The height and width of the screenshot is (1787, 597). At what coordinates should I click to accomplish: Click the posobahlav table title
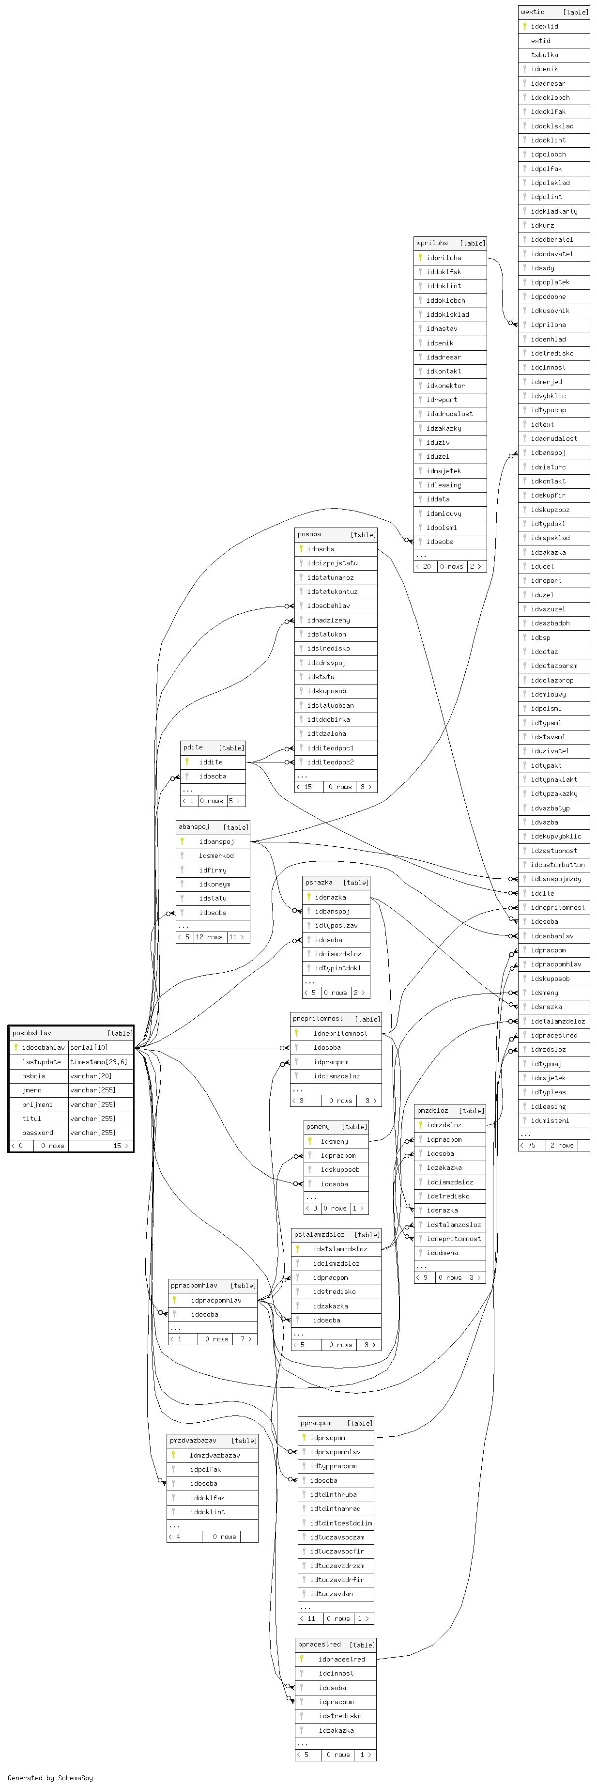pos(32,1033)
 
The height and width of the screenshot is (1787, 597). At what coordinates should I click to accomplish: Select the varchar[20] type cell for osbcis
pos(91,1076)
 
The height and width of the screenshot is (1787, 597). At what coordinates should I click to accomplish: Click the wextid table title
pos(533,12)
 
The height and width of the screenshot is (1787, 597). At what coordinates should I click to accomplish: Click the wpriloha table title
pos(432,243)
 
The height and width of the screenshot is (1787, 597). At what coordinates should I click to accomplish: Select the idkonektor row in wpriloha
pos(445,386)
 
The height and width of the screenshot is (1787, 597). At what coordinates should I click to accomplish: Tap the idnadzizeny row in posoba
pos(329,620)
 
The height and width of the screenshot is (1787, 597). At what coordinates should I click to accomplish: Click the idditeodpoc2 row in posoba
pos(330,761)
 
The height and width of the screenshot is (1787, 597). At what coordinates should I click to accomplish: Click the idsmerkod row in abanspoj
pos(216,855)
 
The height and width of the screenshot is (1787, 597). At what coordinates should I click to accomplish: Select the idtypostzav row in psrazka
pos(337,925)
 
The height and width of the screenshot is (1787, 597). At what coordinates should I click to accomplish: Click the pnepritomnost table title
pos(318,1018)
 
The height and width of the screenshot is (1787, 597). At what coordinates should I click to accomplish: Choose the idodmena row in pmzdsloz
pos(443,1253)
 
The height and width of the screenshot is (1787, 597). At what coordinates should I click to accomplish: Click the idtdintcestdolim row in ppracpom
pos(341,1523)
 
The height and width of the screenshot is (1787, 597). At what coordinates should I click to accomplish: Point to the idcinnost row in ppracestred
pos(337,1673)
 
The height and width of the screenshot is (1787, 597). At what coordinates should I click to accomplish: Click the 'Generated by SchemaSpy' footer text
pos(50,1778)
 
